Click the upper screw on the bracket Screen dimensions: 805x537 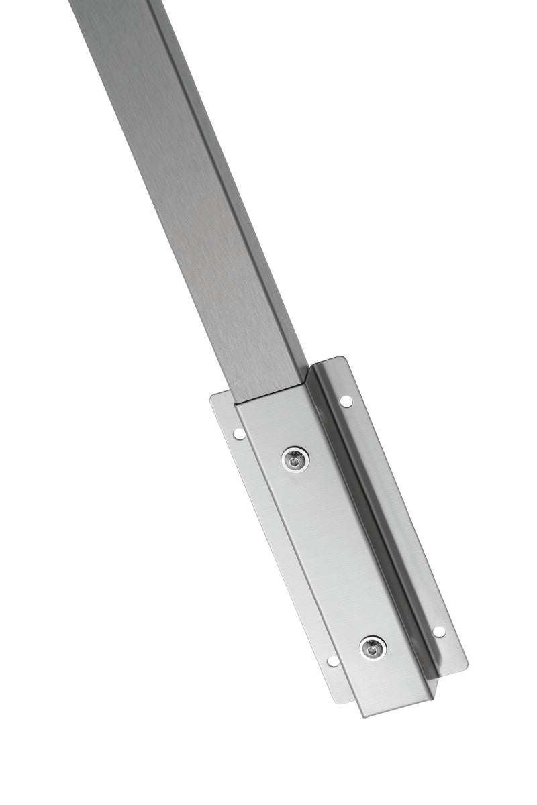tap(295, 460)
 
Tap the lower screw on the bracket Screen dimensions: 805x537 tap(373, 647)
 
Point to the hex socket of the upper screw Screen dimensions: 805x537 tap(295, 460)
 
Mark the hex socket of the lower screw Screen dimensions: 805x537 tap(373, 647)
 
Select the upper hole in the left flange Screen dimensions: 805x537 tap(238, 433)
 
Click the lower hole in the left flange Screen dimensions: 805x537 tap(332, 661)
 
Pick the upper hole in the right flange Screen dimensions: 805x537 tap(346, 400)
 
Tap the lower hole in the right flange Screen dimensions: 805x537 tap(438, 631)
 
